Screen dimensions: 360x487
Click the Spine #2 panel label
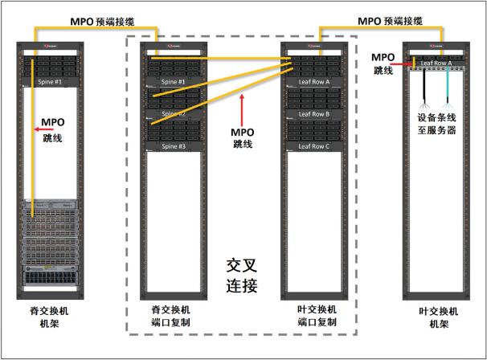point(174,114)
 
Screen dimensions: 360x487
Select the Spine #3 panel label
point(174,146)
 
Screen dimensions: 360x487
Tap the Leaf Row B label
point(313,114)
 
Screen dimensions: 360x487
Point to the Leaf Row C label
point(313,146)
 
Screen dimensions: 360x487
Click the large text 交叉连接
point(242,275)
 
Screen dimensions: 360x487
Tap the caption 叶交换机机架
point(438,317)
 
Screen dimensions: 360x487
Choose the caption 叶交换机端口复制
point(315,316)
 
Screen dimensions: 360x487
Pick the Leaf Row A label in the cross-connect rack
point(313,82)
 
